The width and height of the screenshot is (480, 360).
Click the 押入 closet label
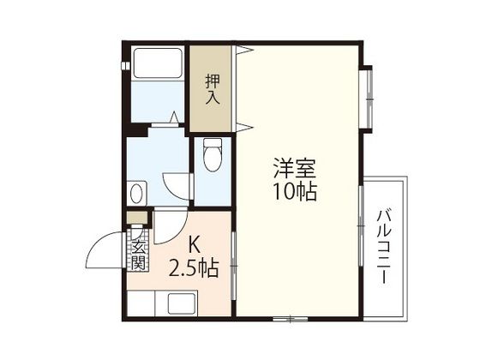pos(213,90)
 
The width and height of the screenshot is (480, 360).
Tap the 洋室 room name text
pos(295,168)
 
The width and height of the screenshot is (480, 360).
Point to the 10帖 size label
pos(295,192)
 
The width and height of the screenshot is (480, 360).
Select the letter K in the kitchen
pos(194,244)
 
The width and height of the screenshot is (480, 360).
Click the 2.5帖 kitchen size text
pos(194,268)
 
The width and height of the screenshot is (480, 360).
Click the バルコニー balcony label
pos(384,247)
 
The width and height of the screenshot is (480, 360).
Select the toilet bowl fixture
pos(213,154)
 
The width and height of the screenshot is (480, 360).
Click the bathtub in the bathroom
pos(158,63)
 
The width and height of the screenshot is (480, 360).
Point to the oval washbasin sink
pos(136,194)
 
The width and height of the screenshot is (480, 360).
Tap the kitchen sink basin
pos(182,303)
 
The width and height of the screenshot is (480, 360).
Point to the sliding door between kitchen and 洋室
pos(234,266)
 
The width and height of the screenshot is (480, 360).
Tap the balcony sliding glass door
pos(361,225)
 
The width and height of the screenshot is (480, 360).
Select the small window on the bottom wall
pos(290,319)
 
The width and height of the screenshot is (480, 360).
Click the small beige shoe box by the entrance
pos(138,217)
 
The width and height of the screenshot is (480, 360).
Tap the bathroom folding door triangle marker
pos(174,117)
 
